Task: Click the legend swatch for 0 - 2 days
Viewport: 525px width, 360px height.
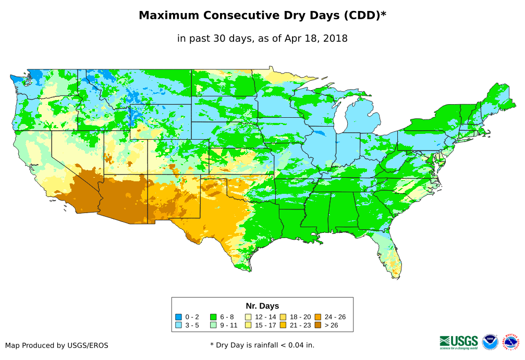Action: [179, 317]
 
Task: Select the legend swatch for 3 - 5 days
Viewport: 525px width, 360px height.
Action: [179, 325]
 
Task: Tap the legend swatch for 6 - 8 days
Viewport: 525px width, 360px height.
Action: [213, 317]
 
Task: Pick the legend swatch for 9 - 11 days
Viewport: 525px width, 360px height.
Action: [213, 325]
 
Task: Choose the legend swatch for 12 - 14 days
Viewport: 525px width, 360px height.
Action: [248, 317]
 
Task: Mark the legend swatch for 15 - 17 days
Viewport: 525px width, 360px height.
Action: [248, 325]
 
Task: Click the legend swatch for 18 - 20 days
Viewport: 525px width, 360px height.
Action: [283, 317]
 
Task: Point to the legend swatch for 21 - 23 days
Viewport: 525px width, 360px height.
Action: [283, 325]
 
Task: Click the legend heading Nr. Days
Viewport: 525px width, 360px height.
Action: [262, 306]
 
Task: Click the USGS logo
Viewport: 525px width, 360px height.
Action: [459, 342]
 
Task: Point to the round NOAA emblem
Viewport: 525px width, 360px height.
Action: [490, 342]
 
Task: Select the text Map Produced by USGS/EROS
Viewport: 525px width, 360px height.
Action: [57, 345]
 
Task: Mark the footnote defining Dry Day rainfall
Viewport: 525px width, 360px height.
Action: [262, 345]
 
